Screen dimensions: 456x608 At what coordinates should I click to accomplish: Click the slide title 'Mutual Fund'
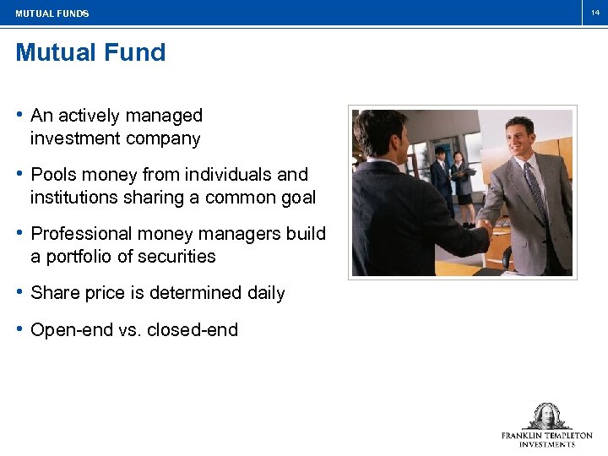[90, 52]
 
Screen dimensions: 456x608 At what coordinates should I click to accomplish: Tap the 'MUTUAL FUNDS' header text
[52, 14]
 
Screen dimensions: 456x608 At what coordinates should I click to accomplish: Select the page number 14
[594, 13]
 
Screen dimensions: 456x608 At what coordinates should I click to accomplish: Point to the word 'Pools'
[53, 175]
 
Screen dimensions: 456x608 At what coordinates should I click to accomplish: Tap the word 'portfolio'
[83, 257]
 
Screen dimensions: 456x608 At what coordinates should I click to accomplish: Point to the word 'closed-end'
[193, 330]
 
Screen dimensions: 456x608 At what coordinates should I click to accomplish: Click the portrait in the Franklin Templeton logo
[547, 416]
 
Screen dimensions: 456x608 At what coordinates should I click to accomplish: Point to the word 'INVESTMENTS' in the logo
[547, 444]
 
